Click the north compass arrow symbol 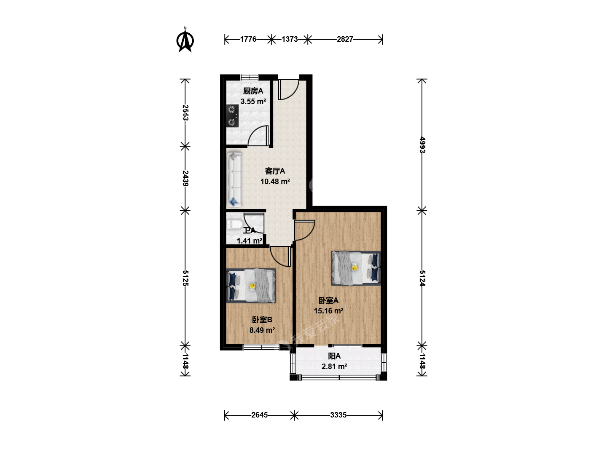point(185,40)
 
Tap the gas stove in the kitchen point(232,116)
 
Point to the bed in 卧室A point(356,268)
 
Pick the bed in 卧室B point(251,286)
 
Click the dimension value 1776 point(248,39)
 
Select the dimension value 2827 point(345,39)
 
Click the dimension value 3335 point(338,415)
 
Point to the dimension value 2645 point(259,415)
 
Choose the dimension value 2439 point(185,178)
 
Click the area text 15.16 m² point(328,311)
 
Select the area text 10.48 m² point(275,182)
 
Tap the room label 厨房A point(253,91)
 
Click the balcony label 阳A point(334,356)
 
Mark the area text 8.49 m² point(262,330)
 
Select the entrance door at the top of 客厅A point(288,89)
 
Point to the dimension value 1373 point(290,39)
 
